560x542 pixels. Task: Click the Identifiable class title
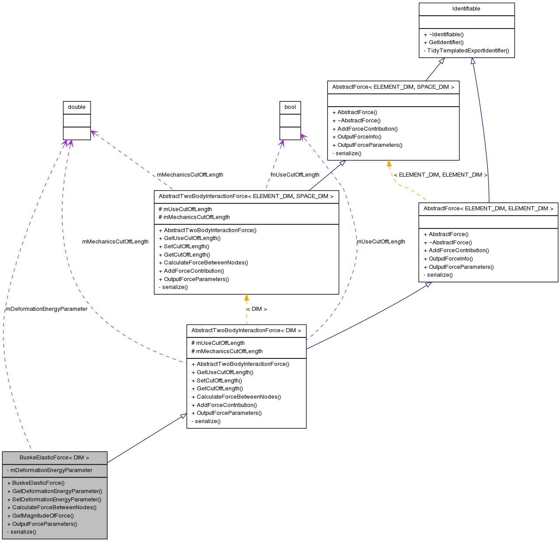coord(466,9)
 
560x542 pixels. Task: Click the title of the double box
coord(77,107)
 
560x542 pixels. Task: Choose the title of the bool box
coord(290,107)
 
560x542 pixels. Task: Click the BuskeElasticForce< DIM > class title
coord(54,458)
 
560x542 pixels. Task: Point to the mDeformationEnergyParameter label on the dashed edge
coord(46,309)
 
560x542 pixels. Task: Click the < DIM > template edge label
coord(257,309)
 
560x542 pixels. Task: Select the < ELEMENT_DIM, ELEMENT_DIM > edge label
coord(440,175)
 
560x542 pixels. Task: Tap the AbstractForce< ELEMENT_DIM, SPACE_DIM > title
coord(393,87)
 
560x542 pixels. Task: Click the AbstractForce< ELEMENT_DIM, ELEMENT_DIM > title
coord(488,208)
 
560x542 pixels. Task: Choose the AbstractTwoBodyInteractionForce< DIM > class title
coord(246,330)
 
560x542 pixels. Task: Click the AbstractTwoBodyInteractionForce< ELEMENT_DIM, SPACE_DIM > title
coord(246,196)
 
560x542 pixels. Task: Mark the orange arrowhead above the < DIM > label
coord(247,298)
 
